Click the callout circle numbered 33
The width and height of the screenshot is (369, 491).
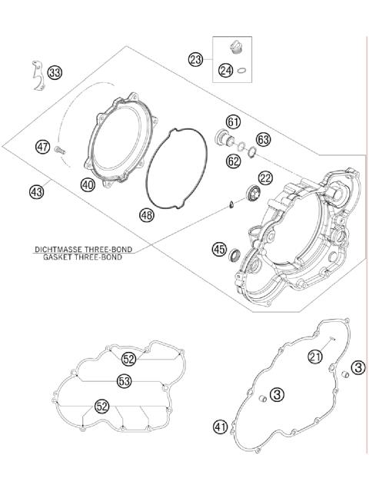[55, 73]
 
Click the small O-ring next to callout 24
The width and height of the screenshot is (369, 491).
[241, 72]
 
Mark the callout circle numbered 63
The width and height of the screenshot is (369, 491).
[264, 140]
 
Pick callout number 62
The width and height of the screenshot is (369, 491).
[233, 160]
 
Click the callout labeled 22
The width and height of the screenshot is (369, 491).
[266, 178]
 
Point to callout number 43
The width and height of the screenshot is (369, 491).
[37, 192]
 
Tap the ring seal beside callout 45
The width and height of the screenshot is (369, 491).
[238, 254]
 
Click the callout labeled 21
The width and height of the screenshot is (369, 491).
[315, 356]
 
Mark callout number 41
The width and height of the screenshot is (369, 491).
[221, 426]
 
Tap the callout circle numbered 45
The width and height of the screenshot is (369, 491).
[220, 249]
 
